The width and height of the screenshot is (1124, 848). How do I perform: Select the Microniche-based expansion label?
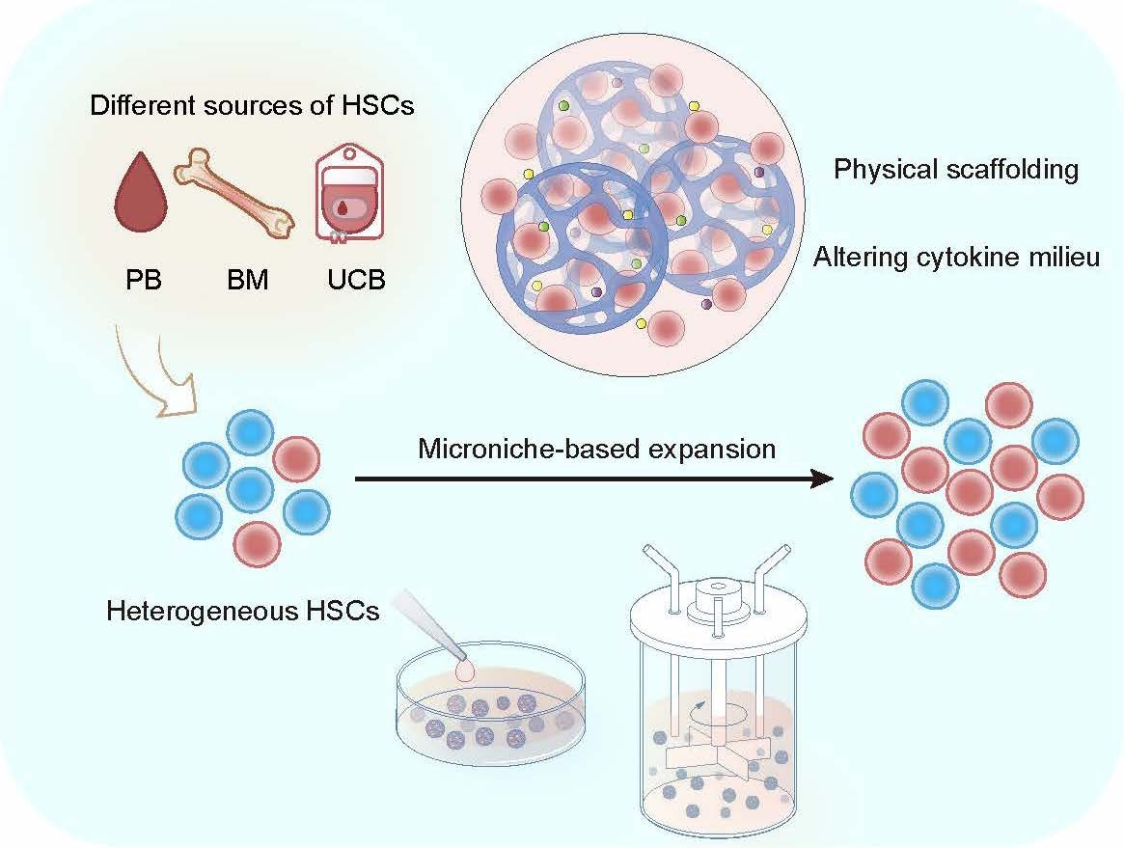click(x=597, y=449)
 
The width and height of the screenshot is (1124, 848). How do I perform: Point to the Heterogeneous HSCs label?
click(x=242, y=611)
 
